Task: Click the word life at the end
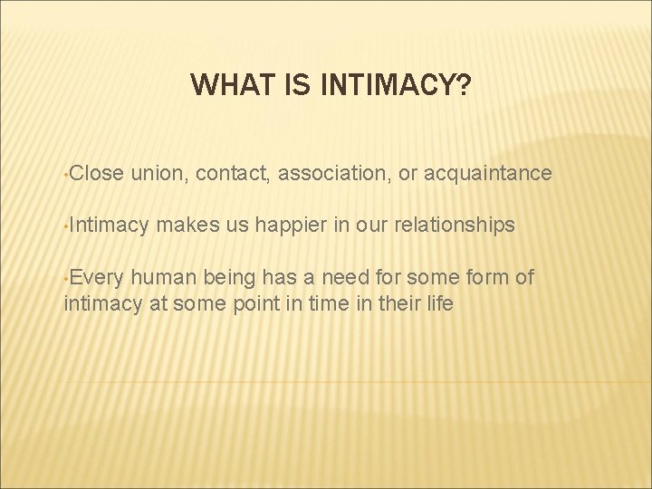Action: coord(436,303)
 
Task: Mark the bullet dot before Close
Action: coord(66,174)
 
